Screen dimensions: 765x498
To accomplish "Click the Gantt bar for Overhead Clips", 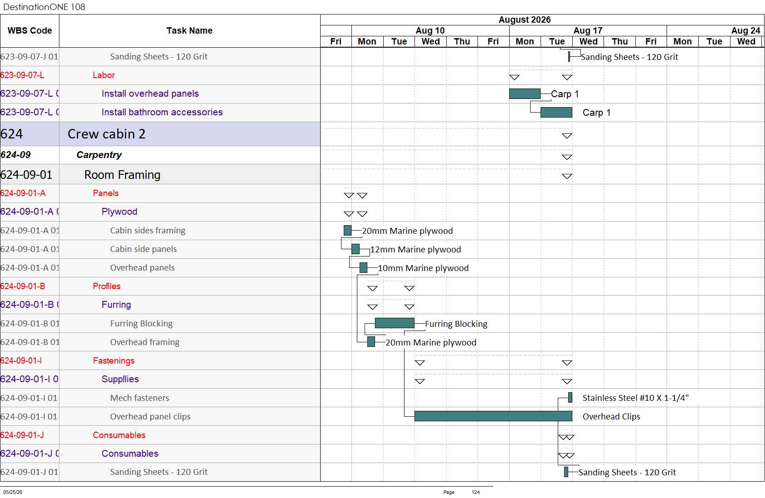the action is click(493, 416).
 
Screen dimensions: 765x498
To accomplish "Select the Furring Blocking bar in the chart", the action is click(395, 323).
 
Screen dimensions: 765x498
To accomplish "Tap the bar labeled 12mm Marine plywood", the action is click(356, 249).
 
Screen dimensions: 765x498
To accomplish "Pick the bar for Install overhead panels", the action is click(525, 94).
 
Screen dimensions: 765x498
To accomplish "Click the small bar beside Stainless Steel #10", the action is click(570, 397).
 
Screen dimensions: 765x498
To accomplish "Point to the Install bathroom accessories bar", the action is click(556, 112).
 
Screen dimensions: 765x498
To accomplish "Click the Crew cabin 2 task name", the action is click(107, 134).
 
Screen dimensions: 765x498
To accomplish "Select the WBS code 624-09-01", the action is click(26, 175).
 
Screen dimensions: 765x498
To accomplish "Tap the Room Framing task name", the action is click(122, 175).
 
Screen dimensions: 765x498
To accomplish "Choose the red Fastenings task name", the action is click(114, 360).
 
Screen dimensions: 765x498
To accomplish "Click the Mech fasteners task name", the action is click(140, 398).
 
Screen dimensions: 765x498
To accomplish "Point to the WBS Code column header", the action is click(30, 30).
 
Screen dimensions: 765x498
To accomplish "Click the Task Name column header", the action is click(190, 30).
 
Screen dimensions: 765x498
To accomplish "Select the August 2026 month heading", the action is click(525, 20).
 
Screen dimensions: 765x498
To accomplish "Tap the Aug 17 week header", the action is click(588, 30).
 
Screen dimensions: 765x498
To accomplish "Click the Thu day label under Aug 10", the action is click(462, 41).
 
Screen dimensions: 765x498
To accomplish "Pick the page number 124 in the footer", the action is click(476, 492).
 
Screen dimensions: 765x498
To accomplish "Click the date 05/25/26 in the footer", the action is click(13, 492).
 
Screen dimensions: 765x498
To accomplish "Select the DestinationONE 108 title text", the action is click(44, 7).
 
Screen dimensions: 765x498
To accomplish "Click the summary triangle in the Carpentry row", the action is click(567, 157).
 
